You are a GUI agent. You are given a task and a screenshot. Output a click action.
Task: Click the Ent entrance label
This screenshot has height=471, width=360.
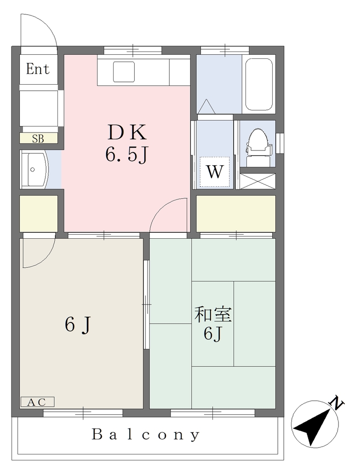[38, 69]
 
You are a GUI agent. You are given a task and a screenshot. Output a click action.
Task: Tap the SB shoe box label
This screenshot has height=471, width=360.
[38, 139]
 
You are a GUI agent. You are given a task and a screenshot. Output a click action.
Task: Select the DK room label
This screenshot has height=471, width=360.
[127, 132]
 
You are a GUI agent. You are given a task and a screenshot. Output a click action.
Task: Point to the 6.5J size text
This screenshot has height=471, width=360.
[126, 155]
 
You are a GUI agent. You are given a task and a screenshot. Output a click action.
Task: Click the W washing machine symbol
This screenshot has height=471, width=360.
[215, 172]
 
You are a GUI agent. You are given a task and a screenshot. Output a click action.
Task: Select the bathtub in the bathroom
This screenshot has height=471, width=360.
[259, 85]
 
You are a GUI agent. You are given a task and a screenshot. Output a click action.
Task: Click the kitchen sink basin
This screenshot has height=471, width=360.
[124, 72]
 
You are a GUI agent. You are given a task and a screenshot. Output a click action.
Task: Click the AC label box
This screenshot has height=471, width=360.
[38, 402]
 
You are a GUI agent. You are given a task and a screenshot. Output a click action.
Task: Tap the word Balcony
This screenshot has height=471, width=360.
[145, 435]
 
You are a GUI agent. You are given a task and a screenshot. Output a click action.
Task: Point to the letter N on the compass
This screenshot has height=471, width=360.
[337, 403]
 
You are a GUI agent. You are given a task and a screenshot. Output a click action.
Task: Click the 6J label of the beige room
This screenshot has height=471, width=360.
[77, 325]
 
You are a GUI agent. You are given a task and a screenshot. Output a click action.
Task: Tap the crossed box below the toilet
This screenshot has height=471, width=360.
[258, 181]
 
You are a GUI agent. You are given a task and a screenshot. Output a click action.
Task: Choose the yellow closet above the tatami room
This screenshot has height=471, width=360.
[236, 213]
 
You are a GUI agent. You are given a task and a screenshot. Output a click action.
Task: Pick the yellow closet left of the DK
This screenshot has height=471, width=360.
[39, 213]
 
